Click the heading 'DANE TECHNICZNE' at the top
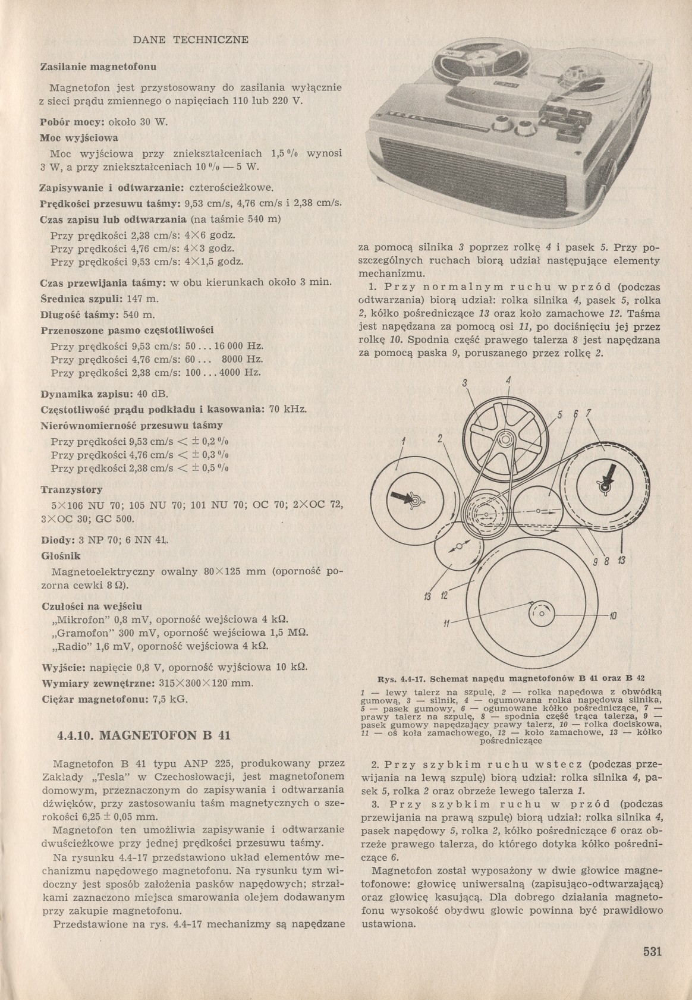point(190,40)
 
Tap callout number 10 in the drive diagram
point(614,615)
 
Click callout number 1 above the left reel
point(403,441)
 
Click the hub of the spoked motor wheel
point(505,440)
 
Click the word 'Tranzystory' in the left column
point(71,490)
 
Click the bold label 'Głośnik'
point(61,556)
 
